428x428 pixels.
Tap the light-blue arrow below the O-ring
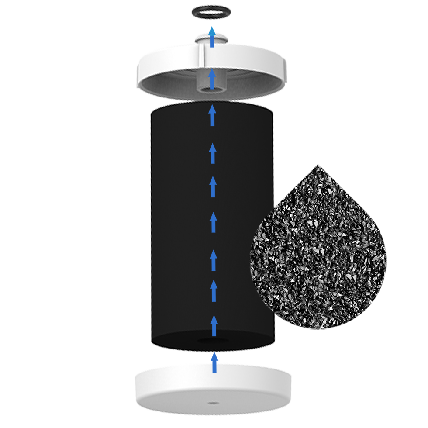pos(212,37)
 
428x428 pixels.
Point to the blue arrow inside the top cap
pos(212,79)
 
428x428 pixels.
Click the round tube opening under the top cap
pos(212,89)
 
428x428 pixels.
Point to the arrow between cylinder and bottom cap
pos(214,363)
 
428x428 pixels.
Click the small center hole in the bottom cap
pos(212,403)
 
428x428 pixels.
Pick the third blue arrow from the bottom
pos(214,291)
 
